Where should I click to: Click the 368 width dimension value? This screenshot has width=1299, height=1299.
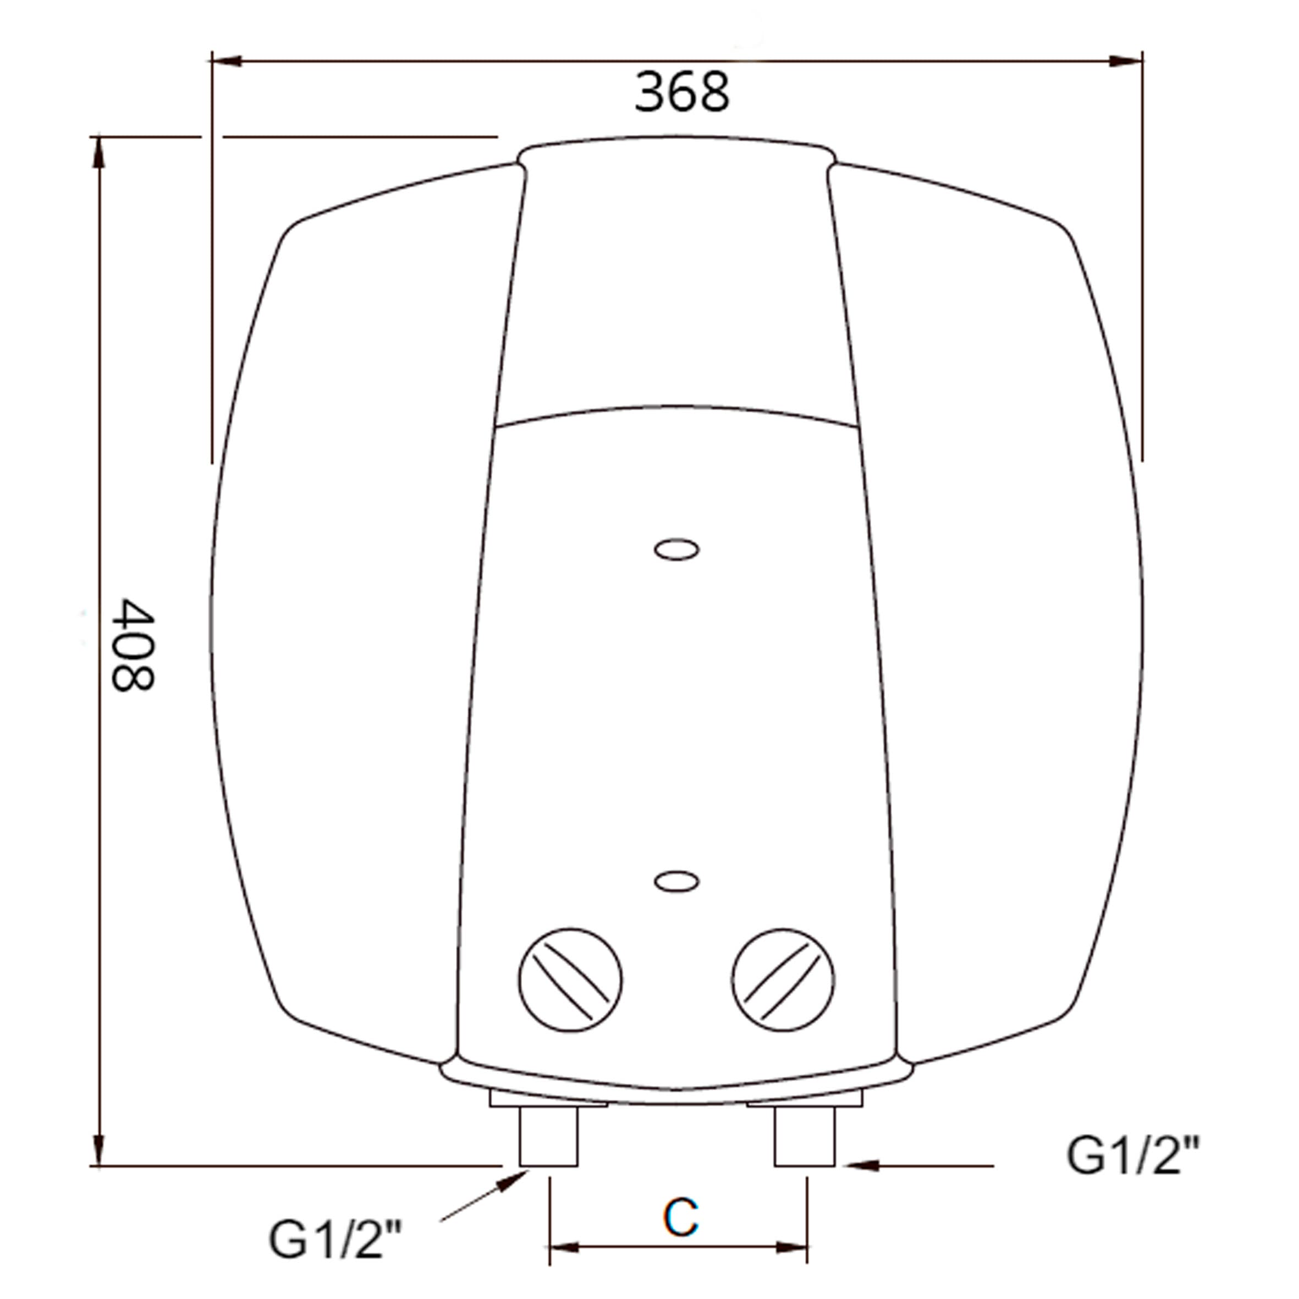click(x=682, y=92)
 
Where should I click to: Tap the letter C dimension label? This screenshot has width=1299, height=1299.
click(x=680, y=1217)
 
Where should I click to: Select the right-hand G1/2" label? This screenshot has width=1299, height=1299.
click(x=1132, y=1156)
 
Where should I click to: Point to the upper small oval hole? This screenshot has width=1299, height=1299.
click(x=677, y=549)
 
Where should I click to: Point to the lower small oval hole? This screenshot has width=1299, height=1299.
click(x=677, y=881)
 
